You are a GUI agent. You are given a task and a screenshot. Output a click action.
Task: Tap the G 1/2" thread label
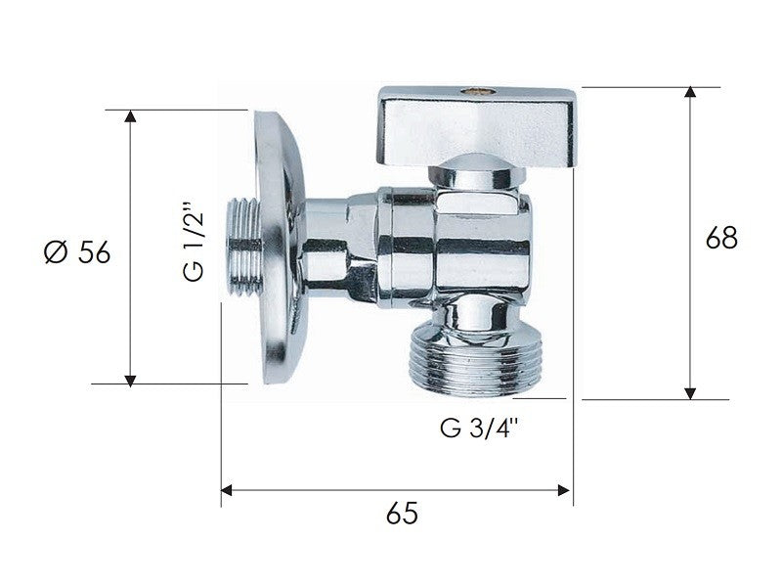click(194, 244)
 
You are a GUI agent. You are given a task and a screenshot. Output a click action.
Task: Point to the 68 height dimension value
click(721, 238)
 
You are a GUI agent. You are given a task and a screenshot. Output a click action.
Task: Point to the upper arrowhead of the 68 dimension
click(691, 94)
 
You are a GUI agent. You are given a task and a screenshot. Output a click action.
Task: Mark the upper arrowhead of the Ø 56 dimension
click(130, 116)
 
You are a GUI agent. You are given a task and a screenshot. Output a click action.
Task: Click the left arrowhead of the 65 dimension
click(228, 489)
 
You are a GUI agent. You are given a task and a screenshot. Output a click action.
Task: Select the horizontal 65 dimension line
click(396, 489)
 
